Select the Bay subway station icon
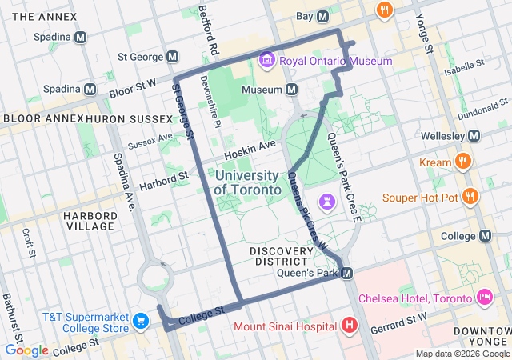(323, 16)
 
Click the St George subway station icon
(173, 57)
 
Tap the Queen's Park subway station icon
(347, 274)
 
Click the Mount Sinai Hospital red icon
(350, 326)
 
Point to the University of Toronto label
(247, 182)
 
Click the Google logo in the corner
(26, 350)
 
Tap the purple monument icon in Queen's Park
(328, 199)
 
